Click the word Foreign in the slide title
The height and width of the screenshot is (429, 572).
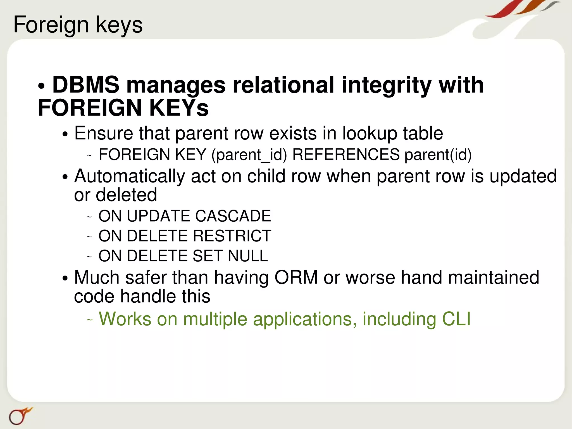click(x=51, y=25)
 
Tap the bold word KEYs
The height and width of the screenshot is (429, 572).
click(x=179, y=108)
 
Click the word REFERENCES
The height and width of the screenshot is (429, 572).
click(x=346, y=154)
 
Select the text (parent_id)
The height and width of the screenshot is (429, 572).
click(x=249, y=155)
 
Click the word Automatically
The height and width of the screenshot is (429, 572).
click(x=130, y=176)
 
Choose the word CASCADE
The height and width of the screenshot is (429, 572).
click(x=233, y=216)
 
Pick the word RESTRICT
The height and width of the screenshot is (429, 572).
click(x=232, y=236)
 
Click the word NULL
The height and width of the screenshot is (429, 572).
click(x=248, y=256)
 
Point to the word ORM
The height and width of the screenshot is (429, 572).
click(x=296, y=278)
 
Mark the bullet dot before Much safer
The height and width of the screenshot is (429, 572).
click(x=65, y=279)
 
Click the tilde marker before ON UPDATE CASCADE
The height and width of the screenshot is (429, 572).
click(x=89, y=217)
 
